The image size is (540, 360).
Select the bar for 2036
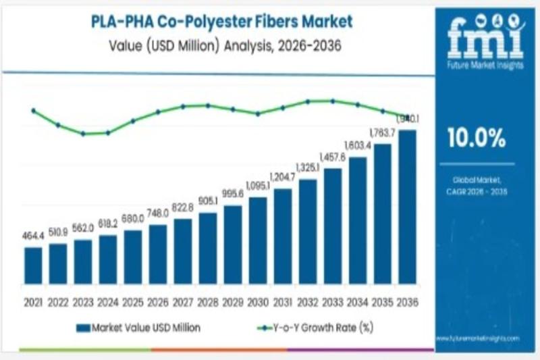click(x=408, y=206)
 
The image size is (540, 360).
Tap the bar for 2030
click(x=258, y=240)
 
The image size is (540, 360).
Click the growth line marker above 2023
click(x=83, y=134)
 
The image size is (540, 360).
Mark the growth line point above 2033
click(x=332, y=101)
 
